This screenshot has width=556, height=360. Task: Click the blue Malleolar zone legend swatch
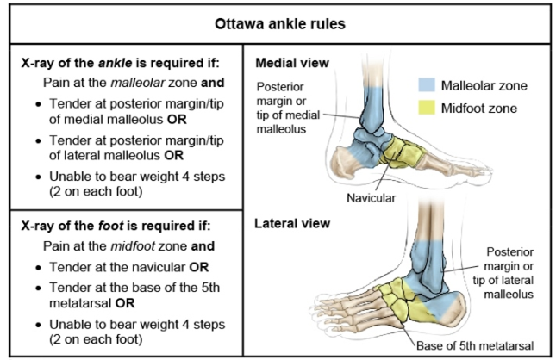pos(424,85)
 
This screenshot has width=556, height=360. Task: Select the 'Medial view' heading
pos(290,63)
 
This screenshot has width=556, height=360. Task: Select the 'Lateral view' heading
pos(291,225)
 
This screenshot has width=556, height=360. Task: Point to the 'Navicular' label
pos(371,197)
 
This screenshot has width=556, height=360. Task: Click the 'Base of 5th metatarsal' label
pos(475,346)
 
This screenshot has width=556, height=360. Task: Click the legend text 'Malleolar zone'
pos(484,85)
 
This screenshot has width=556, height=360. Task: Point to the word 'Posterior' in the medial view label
pos(280,86)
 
